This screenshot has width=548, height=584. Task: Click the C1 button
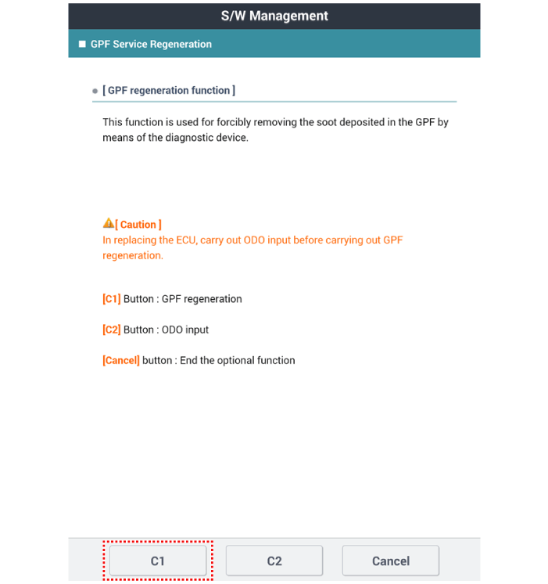click(x=157, y=561)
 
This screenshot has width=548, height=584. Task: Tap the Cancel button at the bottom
click(x=390, y=561)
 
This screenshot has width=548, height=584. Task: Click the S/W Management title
click(x=274, y=16)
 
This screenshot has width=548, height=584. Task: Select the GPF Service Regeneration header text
click(x=151, y=44)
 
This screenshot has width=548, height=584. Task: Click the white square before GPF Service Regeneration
click(x=82, y=44)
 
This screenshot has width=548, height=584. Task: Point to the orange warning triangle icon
click(x=109, y=224)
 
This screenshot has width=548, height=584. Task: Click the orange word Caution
click(x=140, y=225)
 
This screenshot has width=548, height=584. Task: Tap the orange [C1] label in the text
click(x=112, y=299)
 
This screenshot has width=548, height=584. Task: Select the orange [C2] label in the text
click(x=112, y=330)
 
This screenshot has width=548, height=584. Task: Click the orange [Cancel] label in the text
click(x=121, y=360)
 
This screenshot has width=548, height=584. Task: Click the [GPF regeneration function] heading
click(x=169, y=90)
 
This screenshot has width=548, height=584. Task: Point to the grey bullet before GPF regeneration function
click(x=95, y=91)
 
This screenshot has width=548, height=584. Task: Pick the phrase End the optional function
click(x=238, y=360)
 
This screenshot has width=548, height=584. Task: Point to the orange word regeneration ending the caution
click(x=133, y=256)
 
